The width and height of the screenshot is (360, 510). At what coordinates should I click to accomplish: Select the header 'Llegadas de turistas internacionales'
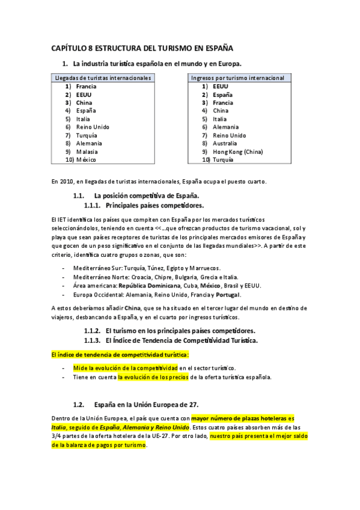(102, 78)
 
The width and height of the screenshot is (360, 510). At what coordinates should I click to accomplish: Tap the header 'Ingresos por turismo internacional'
(237, 78)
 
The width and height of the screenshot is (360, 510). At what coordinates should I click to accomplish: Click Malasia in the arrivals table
(87, 152)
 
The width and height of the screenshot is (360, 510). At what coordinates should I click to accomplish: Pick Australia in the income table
(225, 143)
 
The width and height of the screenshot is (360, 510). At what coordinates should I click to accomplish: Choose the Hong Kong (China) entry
(237, 152)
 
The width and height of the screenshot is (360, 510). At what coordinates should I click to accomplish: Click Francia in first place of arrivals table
(86, 87)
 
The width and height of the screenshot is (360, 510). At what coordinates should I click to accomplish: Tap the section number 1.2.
(78, 404)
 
